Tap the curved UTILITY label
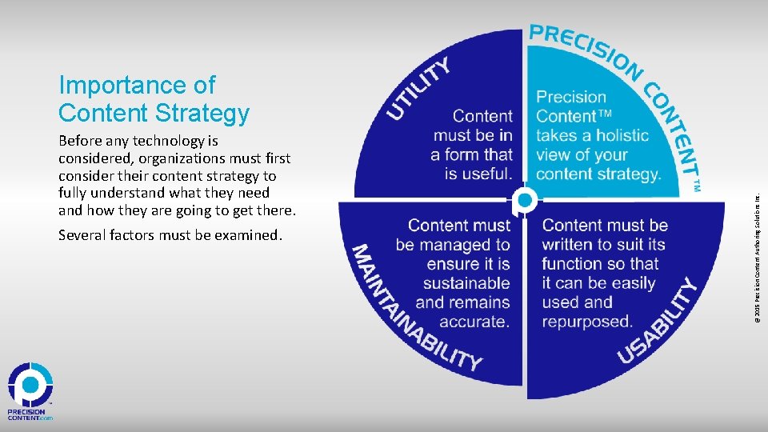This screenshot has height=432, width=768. [418, 87]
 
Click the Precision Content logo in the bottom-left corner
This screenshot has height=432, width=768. [30, 392]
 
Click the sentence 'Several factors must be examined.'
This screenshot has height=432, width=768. [170, 236]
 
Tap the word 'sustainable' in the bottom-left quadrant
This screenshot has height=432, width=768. [466, 283]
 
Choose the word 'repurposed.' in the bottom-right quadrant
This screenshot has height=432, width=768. [586, 322]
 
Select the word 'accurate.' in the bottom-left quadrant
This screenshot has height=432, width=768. [474, 322]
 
